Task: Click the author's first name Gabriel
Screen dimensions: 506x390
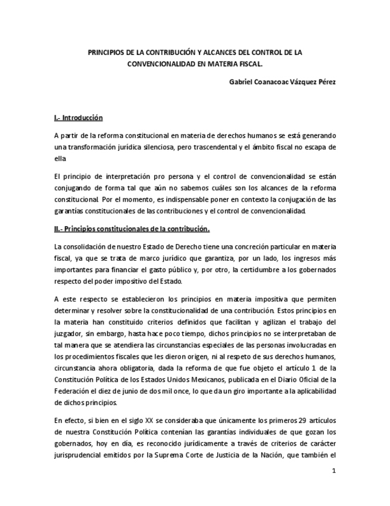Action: (x=242, y=82)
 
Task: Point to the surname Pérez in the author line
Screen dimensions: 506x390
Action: (x=326, y=82)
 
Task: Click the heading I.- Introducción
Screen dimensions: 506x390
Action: (x=78, y=118)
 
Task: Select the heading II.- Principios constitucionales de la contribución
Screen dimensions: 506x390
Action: (x=131, y=229)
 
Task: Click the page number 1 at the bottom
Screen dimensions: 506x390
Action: (x=334, y=471)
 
